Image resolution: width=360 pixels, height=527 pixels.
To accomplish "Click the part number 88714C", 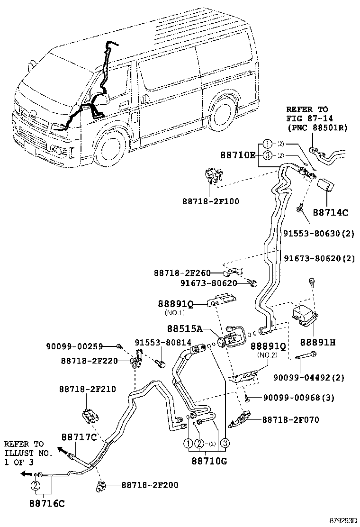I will click(330, 213).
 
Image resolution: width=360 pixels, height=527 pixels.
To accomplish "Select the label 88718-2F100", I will click(210, 201).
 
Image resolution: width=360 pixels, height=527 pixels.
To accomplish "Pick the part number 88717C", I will click(78, 436).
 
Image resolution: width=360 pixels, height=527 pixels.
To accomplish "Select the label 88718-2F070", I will click(290, 419).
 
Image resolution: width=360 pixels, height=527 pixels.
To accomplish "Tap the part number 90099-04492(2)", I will click(308, 377).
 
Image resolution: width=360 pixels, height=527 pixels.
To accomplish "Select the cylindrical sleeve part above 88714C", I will click(326, 188).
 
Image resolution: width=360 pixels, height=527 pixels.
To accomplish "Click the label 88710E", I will click(238, 154).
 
